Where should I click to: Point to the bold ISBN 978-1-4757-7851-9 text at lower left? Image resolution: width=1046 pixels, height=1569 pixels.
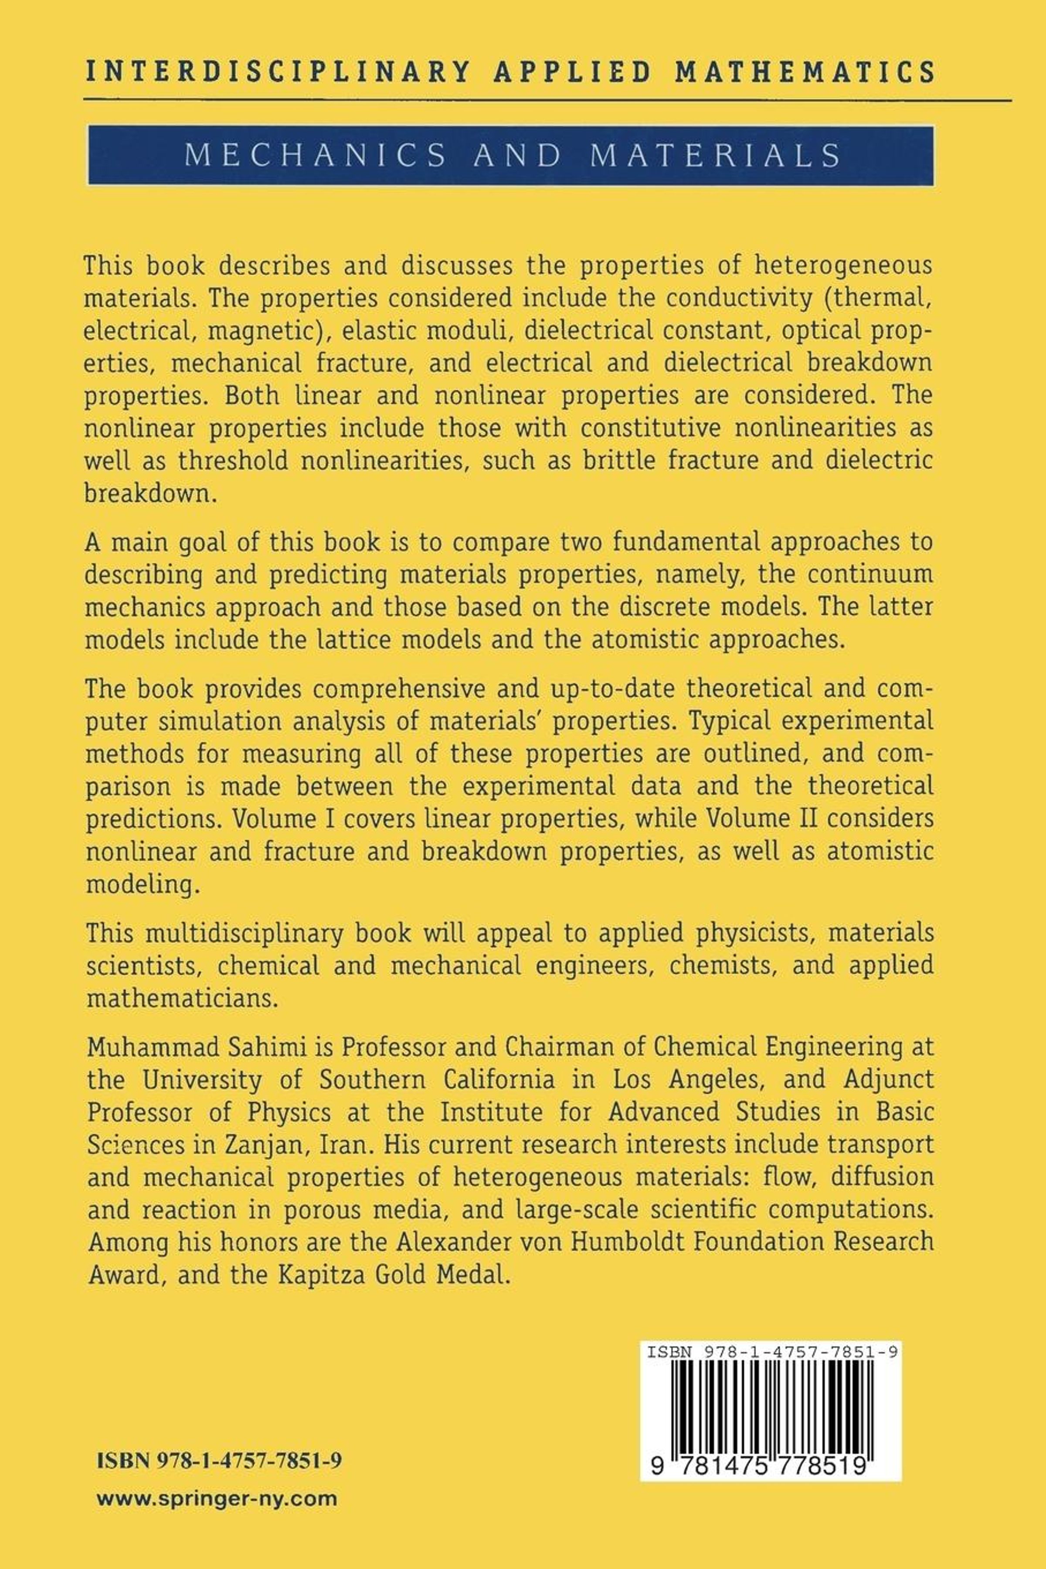[x=220, y=1460]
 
